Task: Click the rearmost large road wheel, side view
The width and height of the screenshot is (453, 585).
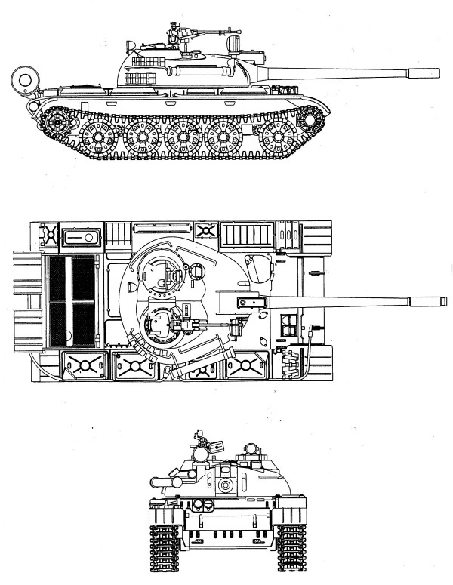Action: tap(97, 138)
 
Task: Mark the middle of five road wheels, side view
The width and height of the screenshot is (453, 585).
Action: tap(183, 138)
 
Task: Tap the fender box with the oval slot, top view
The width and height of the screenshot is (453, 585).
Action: tap(79, 237)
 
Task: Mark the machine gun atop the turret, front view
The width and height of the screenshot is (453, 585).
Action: tap(202, 445)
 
